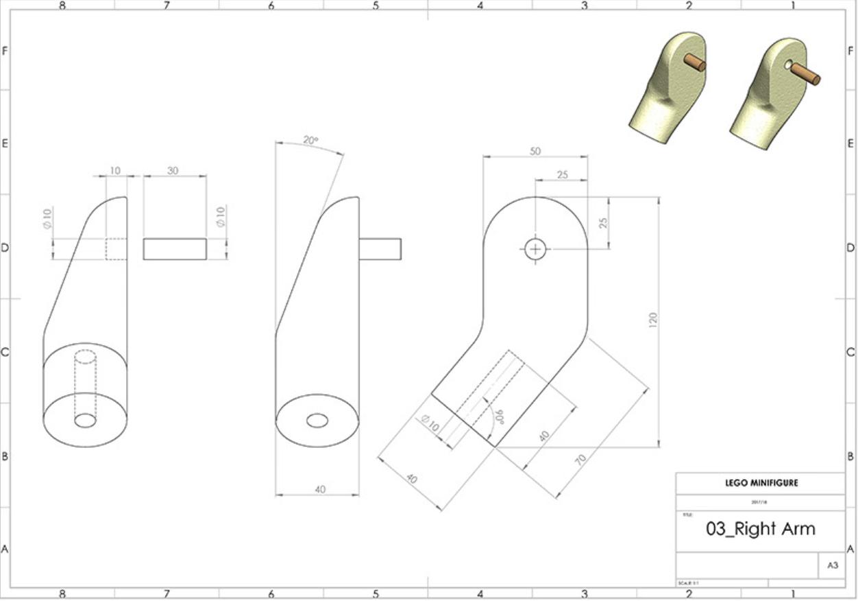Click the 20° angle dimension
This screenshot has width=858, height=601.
click(310, 140)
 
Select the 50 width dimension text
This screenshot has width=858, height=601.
click(535, 151)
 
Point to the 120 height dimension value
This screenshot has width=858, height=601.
click(652, 319)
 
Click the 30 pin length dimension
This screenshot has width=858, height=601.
click(173, 170)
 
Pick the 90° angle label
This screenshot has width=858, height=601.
click(498, 416)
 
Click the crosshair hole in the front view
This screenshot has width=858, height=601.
click(535, 249)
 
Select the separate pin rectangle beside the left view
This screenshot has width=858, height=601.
click(175, 249)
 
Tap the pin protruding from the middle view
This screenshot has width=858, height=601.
click(380, 249)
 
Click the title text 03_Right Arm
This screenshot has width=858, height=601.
click(760, 528)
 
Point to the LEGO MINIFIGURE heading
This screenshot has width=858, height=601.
click(761, 483)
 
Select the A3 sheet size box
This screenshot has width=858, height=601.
click(832, 566)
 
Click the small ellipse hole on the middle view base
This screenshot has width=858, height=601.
click(317, 421)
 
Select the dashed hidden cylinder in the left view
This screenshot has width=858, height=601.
click(85, 384)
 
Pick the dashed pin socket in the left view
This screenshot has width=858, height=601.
click(116, 249)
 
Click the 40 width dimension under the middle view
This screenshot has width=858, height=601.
click(319, 489)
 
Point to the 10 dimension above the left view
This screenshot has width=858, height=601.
click(114, 170)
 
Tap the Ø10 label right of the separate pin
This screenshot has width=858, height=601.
click(220, 217)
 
